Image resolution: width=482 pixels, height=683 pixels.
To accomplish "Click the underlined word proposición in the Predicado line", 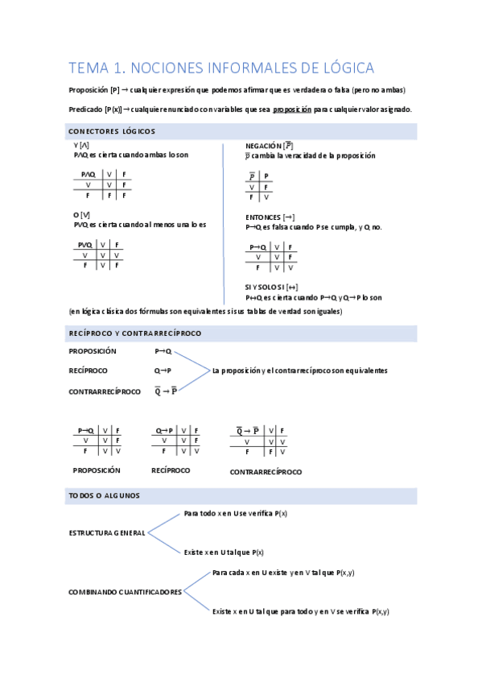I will (291, 110).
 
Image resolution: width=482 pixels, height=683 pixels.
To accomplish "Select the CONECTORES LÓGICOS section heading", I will (112, 131).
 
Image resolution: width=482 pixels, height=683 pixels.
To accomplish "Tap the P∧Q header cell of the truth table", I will (84, 175).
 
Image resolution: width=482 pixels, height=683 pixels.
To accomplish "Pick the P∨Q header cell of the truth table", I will (84, 245).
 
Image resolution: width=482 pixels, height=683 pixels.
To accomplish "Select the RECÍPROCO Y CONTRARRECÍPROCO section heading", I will (134, 333).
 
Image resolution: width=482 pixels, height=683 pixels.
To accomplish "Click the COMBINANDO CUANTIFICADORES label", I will (125, 592).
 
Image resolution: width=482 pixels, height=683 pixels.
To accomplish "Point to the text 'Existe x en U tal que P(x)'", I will (225, 553).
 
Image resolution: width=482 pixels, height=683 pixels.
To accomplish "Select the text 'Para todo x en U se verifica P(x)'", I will (236, 513).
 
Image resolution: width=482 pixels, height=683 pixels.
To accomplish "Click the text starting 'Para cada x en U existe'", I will (283, 573).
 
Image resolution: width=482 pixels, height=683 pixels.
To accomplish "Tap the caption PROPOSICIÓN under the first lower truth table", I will (97, 470).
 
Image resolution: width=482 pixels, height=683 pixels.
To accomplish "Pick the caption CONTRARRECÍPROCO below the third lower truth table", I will (266, 471).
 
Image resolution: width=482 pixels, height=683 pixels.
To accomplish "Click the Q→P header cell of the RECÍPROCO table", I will (165, 430).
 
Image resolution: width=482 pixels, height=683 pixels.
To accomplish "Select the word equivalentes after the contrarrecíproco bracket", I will (364, 370).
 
